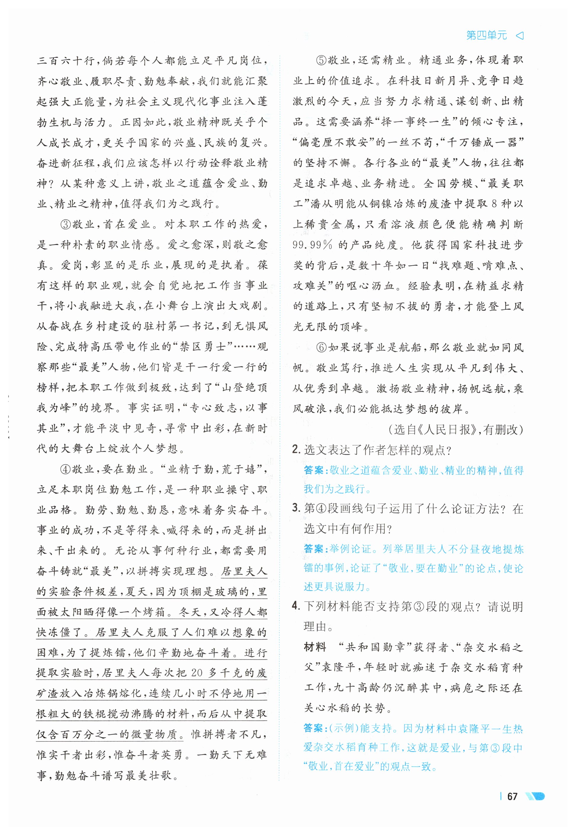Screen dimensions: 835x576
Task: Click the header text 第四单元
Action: [x=487, y=35]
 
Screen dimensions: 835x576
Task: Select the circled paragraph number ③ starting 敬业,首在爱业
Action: [x=66, y=224]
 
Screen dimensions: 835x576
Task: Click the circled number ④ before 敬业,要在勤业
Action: [x=66, y=469]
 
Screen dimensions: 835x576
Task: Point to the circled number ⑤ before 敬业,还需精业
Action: [x=321, y=60]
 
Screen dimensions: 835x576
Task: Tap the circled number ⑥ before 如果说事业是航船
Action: [x=321, y=347]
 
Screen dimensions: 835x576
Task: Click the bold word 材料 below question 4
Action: [x=315, y=647]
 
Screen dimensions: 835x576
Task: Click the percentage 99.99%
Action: [x=312, y=245]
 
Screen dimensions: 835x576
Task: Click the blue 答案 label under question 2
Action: [x=315, y=470]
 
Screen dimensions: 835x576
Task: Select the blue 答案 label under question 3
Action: [x=315, y=549]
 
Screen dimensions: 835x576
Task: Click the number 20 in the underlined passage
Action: [x=197, y=673]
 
